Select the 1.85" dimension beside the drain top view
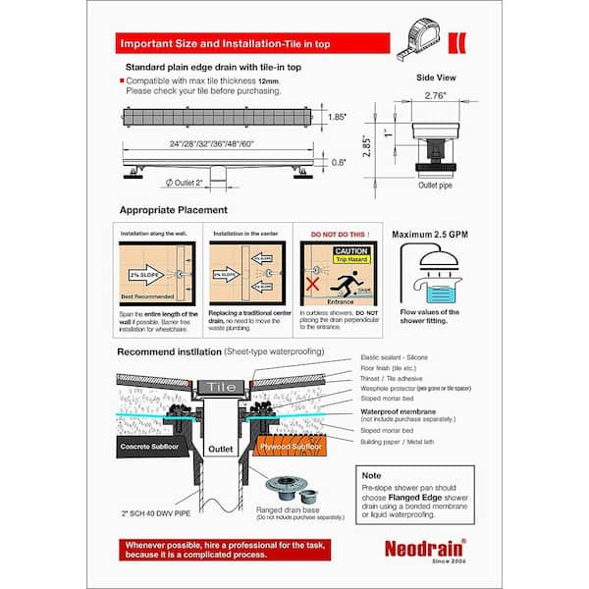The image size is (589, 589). click(x=338, y=117)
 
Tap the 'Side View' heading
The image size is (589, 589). click(x=436, y=75)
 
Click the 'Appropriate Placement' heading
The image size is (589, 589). click(x=173, y=210)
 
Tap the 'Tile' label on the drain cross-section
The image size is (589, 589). click(x=219, y=387)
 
